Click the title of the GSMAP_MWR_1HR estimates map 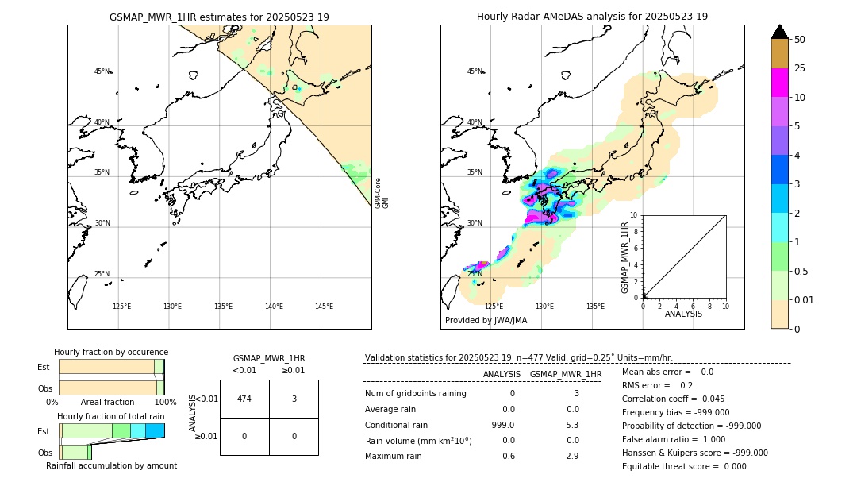219,17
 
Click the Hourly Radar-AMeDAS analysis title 592,17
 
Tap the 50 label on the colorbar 800,40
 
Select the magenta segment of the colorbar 780,83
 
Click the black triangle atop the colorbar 780,32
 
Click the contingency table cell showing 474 244,399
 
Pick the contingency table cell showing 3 294,399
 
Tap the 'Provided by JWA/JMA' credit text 486,320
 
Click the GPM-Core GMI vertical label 382,193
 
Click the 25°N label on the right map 475,274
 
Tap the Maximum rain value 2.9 571,456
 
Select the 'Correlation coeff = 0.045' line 673,399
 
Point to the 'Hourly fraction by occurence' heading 111,352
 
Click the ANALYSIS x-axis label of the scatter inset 683,314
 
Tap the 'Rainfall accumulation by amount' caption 111,465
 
